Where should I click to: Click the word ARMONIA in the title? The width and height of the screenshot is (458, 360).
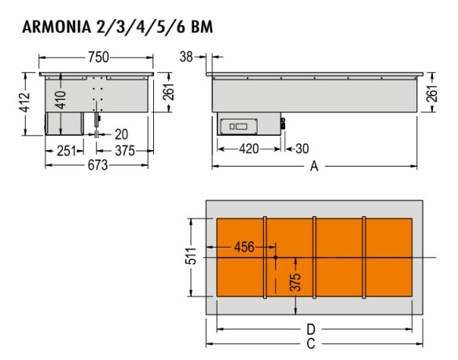tap(57, 28)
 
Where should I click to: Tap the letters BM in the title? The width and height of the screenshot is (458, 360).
tap(202, 28)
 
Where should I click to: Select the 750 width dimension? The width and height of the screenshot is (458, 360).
tap(99, 57)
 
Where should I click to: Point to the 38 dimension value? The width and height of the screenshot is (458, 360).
tap(186, 57)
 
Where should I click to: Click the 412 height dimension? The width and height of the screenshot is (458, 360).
tap(25, 102)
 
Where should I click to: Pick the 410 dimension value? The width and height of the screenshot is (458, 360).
tap(61, 100)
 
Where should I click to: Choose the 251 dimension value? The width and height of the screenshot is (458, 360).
tap(66, 151)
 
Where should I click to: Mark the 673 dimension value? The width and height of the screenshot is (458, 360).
tap(98, 165)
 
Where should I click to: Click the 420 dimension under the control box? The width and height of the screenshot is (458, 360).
tap(249, 149)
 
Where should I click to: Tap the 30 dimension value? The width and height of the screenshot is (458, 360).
tap(302, 149)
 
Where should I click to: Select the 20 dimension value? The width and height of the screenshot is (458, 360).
tap(121, 134)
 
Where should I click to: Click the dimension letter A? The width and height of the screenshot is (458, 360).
tap(314, 167)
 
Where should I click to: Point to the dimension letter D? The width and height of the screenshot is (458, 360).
tap(311, 329)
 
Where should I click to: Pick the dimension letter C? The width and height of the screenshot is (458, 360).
tap(311, 344)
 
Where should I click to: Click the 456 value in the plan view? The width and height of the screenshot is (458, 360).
tap(244, 248)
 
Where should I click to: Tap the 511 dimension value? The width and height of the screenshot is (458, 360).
tap(191, 256)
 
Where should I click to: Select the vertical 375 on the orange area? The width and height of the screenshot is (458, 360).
tap(295, 282)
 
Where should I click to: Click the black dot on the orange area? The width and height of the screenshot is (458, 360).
tap(276, 258)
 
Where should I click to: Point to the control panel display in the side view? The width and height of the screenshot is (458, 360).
tap(239, 127)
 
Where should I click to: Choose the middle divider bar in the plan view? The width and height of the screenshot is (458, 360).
tap(314, 258)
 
